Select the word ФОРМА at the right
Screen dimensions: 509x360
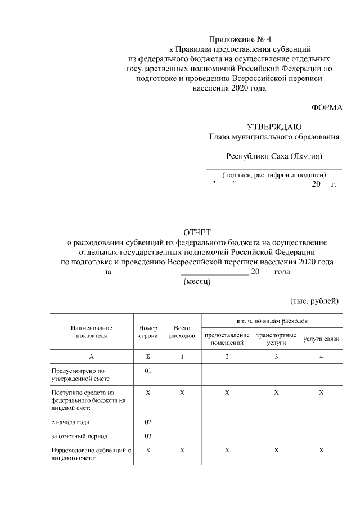[327, 107]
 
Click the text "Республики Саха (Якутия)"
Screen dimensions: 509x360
[274, 156]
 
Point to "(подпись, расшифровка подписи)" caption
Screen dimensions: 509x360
[274, 174]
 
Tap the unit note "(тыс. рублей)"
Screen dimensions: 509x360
[314, 301]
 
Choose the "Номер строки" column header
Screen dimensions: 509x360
[148, 332]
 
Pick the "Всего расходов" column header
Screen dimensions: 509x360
[182, 332]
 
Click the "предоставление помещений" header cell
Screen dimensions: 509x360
[227, 339]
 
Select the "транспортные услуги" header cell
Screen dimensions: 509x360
[276, 339]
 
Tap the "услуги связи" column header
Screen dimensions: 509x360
[321, 339]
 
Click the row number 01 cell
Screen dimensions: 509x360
[148, 371]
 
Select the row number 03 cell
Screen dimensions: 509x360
[148, 436]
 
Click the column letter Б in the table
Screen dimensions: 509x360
[148, 357]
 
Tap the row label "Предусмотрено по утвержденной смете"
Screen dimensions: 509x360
[78, 375]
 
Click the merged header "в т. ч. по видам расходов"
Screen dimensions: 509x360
[273, 319]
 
